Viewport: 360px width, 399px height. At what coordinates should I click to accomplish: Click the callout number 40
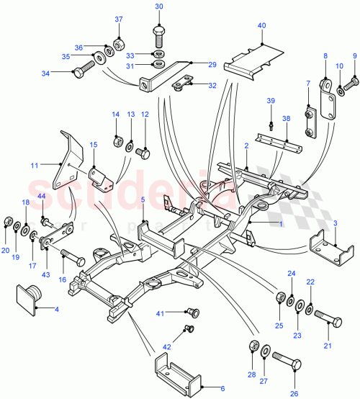pos(262,26)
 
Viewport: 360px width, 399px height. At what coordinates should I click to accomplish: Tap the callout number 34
pos(66,73)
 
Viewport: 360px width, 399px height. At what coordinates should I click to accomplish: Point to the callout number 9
pos(354,56)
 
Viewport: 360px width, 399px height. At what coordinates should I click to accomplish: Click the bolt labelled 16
pos(70,255)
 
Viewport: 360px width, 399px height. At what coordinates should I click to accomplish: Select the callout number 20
pos(6,251)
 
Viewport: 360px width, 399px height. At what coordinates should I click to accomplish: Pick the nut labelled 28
pos(253,344)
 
